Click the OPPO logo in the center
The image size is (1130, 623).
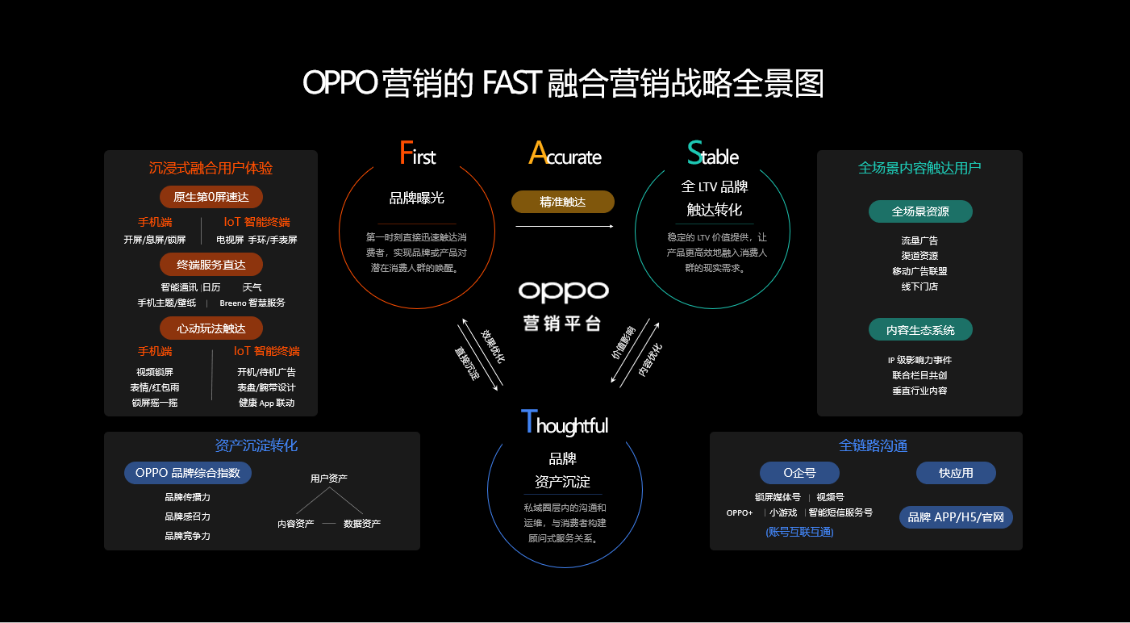(563, 291)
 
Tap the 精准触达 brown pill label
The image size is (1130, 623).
(562, 202)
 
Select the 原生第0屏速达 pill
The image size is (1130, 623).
(211, 197)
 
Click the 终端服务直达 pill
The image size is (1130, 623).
(211, 264)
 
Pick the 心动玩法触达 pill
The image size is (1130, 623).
(211, 328)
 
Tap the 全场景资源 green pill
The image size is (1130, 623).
(920, 212)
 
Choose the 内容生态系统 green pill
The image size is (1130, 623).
(920, 330)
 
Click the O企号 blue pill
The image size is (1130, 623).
(799, 473)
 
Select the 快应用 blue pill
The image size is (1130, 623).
(956, 473)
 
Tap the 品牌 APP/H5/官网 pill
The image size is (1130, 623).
(956, 517)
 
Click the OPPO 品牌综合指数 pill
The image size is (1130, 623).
(188, 473)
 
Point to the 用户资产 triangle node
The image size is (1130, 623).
(329, 479)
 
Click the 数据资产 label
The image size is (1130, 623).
(362, 524)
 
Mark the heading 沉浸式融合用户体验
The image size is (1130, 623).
(211, 168)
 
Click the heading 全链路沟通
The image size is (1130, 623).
(873, 445)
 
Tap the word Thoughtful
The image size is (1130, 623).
(565, 424)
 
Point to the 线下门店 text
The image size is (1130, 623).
(919, 286)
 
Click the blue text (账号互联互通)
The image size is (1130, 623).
(799, 532)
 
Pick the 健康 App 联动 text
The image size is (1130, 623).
(266, 403)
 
